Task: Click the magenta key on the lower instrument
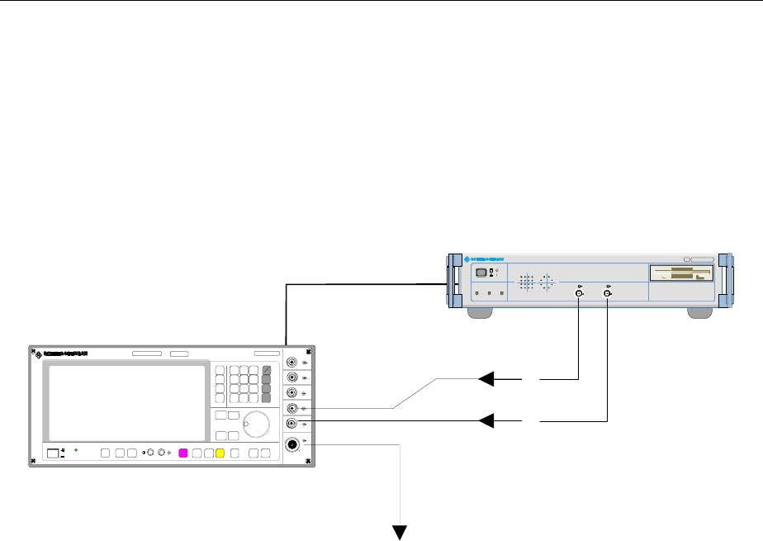click(x=183, y=453)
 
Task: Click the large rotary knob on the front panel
click(x=257, y=425)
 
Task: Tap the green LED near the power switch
click(x=75, y=450)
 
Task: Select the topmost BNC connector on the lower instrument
click(x=292, y=363)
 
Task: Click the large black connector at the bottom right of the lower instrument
click(x=292, y=444)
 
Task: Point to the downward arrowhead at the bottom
click(x=402, y=533)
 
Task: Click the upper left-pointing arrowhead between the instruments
click(x=488, y=379)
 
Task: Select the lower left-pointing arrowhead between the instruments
click(x=488, y=421)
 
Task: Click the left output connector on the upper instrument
click(x=579, y=294)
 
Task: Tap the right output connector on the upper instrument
click(x=608, y=294)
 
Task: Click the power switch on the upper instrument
click(x=481, y=272)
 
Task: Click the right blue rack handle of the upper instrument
click(x=724, y=285)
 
